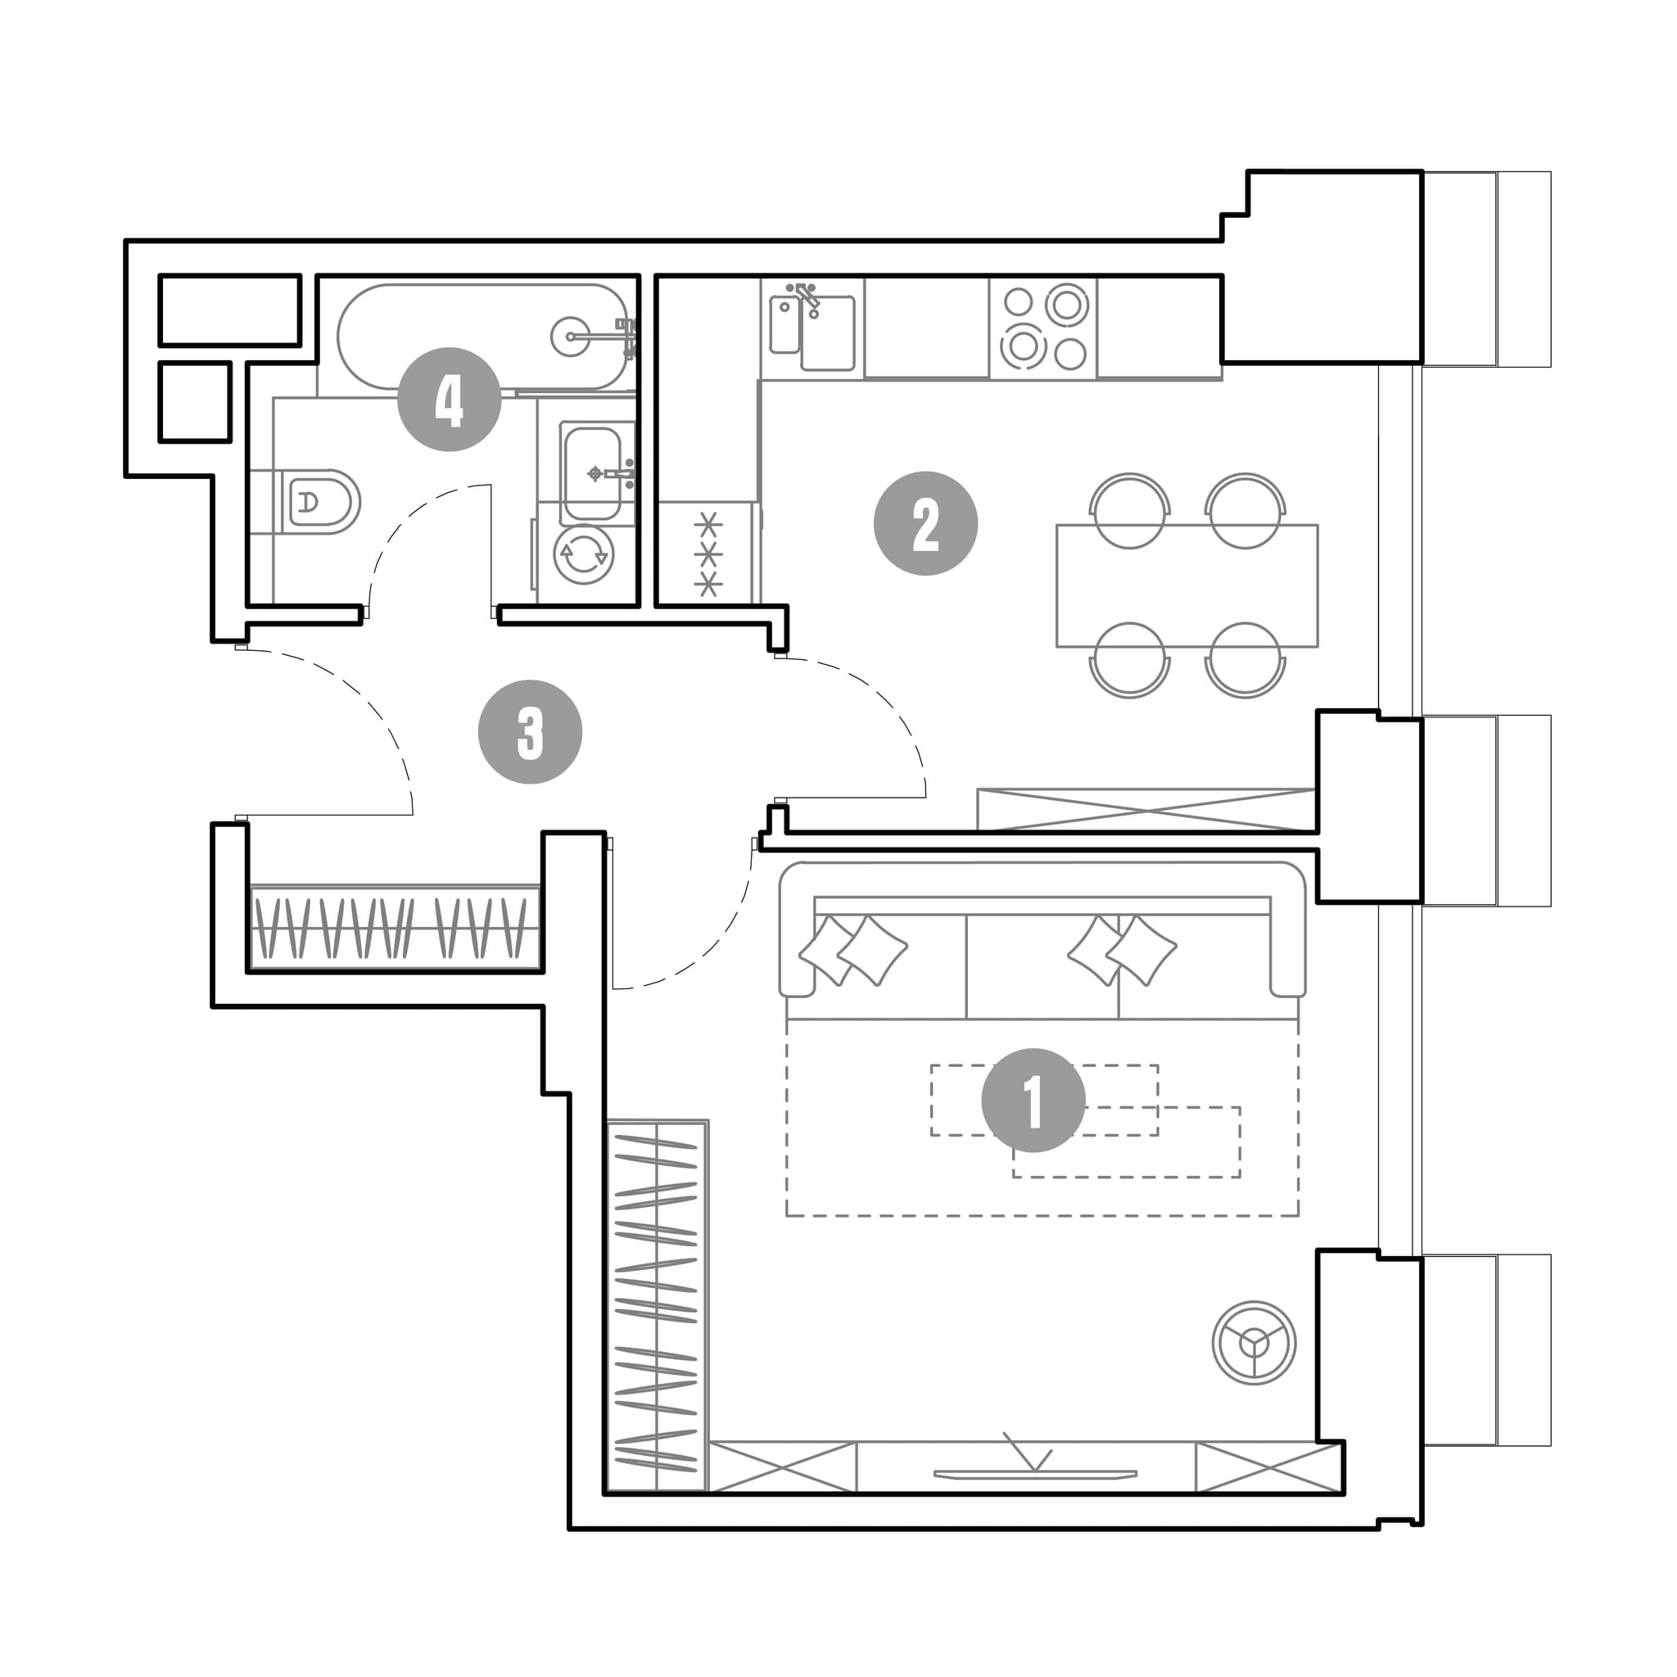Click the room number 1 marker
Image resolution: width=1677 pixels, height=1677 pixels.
pos(1033,1101)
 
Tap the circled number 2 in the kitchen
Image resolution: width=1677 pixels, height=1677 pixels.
pos(925,523)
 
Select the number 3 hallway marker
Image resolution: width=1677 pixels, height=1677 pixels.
pos(531,732)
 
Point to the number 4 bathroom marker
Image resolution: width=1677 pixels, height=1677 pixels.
pos(449,400)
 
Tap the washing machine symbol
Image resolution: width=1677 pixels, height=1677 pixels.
pos(583,554)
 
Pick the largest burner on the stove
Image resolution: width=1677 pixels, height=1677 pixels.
pos(1066,305)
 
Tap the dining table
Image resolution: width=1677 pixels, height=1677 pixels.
pos(1187,586)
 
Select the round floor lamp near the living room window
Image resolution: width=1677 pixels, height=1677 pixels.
pos(1254,1343)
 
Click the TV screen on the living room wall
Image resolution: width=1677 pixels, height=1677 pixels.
pos(1035,1474)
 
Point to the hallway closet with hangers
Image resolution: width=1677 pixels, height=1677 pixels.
pos(396,927)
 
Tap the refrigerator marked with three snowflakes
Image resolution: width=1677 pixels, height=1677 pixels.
pos(709,553)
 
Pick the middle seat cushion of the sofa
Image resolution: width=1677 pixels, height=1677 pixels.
pos(1042,966)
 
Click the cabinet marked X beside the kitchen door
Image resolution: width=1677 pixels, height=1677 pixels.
pos(1146,810)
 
